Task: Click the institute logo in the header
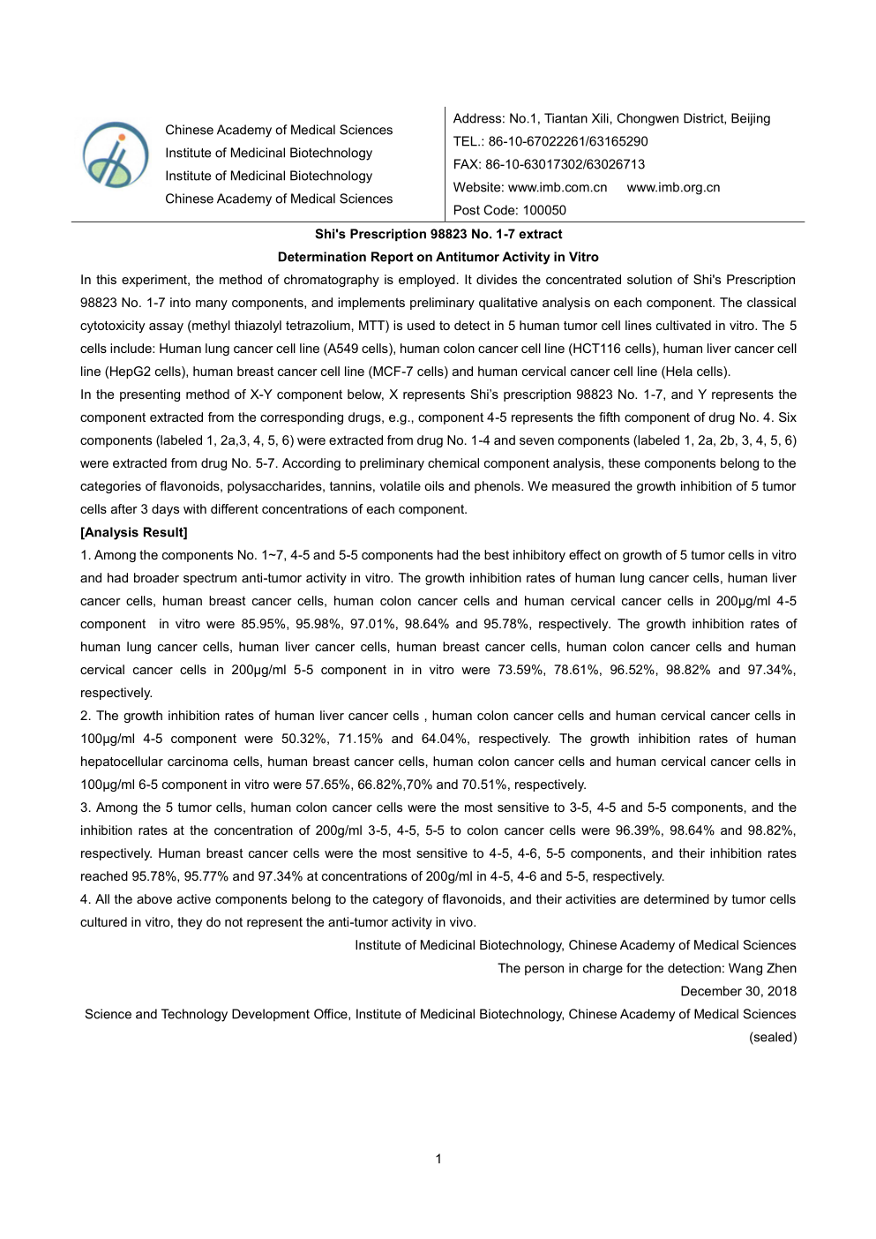[116, 155]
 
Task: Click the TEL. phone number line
[550, 141]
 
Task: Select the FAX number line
[549, 164]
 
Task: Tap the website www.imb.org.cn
[673, 187]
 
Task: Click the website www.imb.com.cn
[558, 187]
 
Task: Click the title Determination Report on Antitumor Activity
[438, 257]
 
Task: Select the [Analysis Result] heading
[134, 532]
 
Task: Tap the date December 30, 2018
[737, 991]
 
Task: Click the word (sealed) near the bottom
[773, 1037]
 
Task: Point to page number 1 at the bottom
[438, 1159]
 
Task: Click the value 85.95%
[265, 624]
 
